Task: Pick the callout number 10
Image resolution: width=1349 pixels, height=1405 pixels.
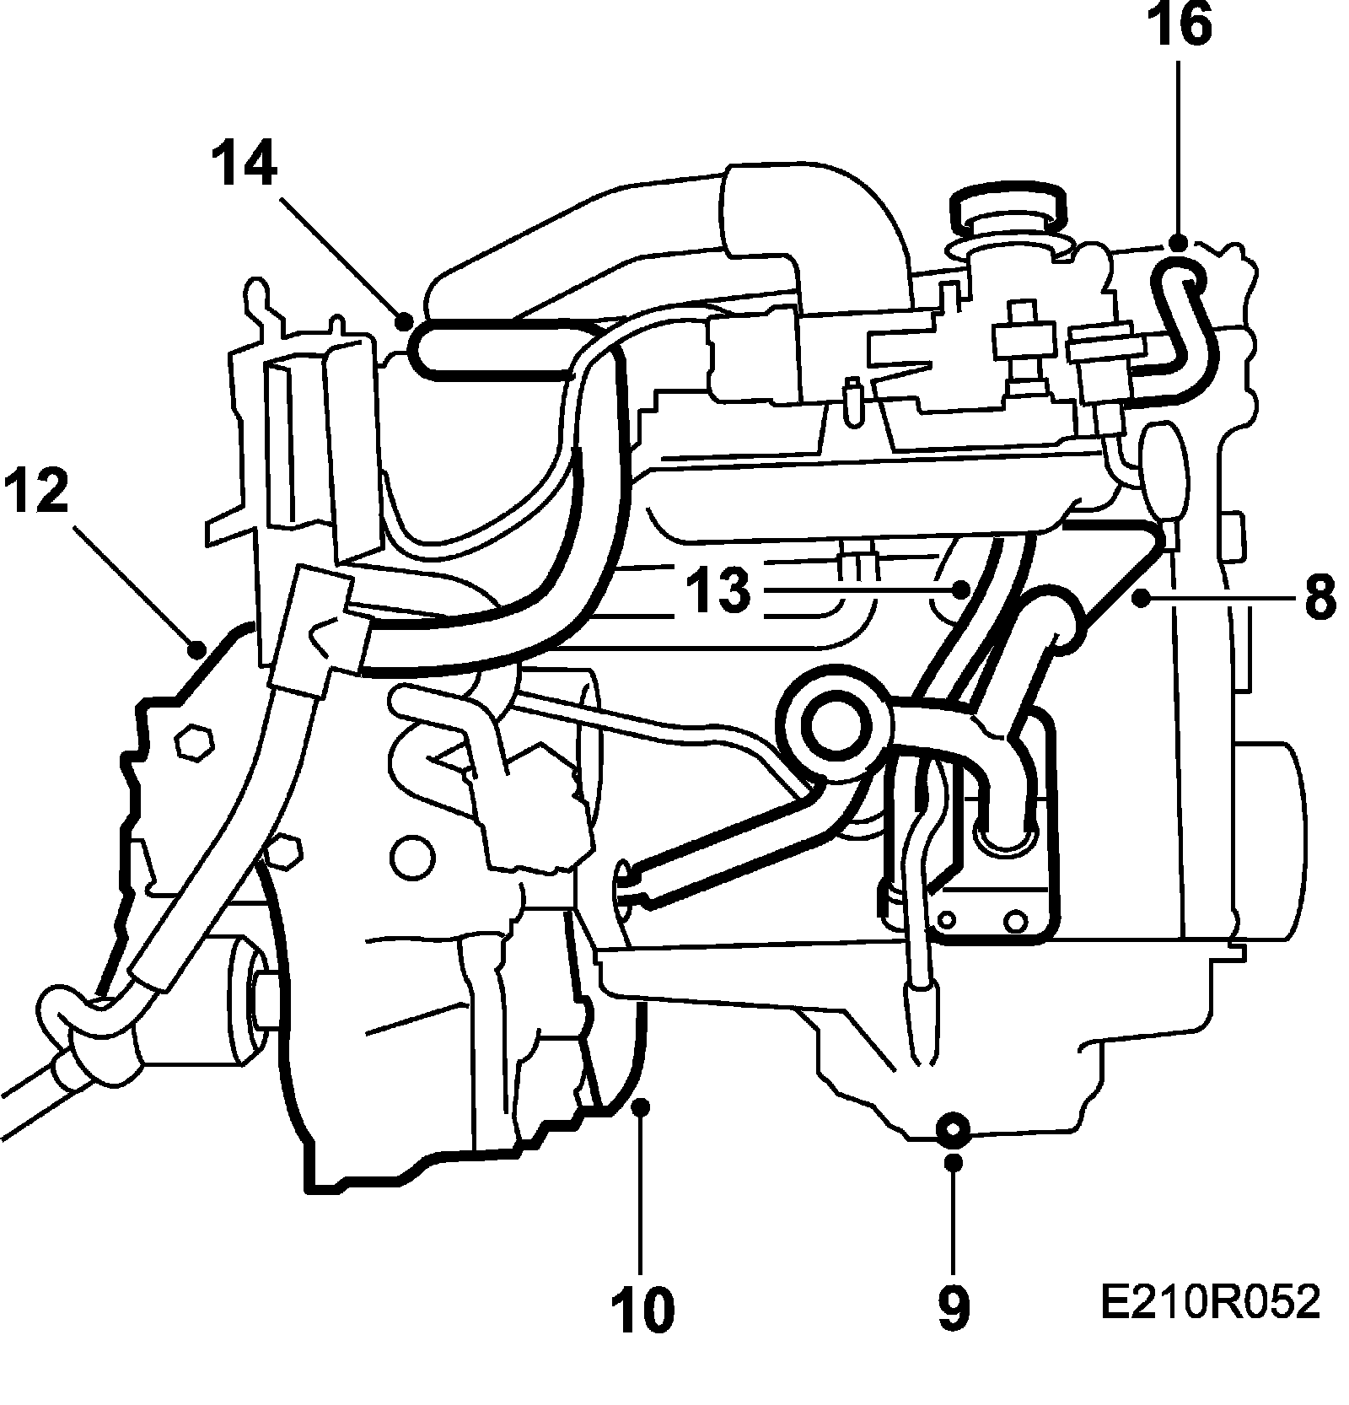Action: click(x=642, y=1308)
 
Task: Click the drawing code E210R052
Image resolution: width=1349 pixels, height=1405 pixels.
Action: click(x=1209, y=1302)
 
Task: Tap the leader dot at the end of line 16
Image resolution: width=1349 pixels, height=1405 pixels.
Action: click(x=1179, y=243)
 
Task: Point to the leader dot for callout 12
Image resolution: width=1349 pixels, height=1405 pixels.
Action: click(x=197, y=649)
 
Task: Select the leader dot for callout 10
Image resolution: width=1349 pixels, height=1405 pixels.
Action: click(x=642, y=1106)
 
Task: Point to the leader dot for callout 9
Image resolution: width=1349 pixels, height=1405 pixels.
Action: click(x=954, y=1163)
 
